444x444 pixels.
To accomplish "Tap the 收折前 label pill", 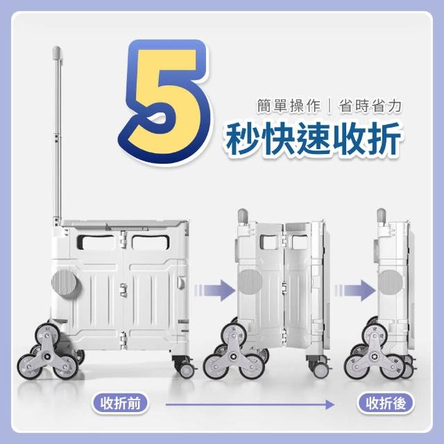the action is tap(120, 403).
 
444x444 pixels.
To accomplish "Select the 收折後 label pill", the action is tap(386, 403).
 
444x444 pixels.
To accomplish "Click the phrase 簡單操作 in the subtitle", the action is tap(289, 106).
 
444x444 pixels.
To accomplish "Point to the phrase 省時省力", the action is tap(370, 106).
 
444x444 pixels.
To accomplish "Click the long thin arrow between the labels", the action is tap(250, 404).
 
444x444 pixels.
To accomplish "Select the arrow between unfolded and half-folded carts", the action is tap(215, 290).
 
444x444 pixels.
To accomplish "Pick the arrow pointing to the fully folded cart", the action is tap(355, 290).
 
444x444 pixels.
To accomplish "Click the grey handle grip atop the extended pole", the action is tap(56, 53).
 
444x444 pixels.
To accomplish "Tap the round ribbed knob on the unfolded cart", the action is tap(65, 282).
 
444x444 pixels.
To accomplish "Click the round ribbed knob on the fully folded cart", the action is tap(390, 282).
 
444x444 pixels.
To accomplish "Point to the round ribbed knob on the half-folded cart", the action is tap(250, 282).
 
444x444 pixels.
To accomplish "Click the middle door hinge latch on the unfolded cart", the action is tap(123, 290).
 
